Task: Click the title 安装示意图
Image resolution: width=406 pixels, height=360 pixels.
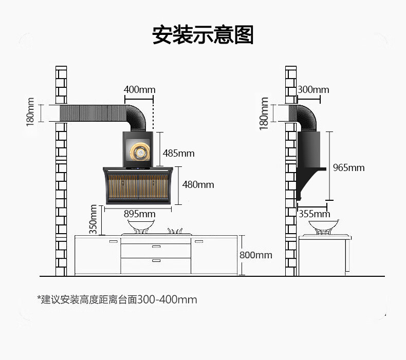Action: click(x=203, y=35)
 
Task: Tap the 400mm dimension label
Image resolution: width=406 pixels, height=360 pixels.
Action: click(x=139, y=90)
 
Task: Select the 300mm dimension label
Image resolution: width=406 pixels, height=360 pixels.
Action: click(x=313, y=90)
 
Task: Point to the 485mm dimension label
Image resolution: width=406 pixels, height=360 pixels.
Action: click(x=179, y=153)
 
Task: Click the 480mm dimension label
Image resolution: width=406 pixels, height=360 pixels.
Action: click(x=198, y=184)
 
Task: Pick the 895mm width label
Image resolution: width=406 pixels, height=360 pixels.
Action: click(x=139, y=214)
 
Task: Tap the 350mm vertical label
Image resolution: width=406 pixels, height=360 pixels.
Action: click(x=94, y=219)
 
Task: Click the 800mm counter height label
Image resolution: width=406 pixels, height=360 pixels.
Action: click(x=256, y=255)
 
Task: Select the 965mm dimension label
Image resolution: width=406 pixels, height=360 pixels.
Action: click(x=348, y=167)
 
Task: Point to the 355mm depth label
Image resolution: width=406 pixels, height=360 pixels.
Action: click(x=314, y=214)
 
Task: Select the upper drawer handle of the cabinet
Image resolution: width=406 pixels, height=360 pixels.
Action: click(x=156, y=247)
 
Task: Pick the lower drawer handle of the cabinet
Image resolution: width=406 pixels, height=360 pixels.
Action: click(x=156, y=261)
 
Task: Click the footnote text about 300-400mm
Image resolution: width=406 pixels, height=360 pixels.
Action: click(x=117, y=299)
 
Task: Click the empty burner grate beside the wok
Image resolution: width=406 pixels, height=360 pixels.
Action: click(x=176, y=231)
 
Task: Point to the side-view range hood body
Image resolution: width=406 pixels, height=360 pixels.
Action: click(x=308, y=159)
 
